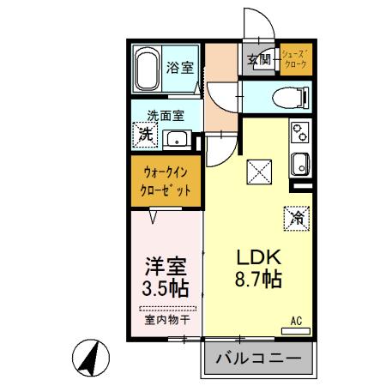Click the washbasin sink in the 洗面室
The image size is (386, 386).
(179, 139)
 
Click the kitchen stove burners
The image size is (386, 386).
(301, 133)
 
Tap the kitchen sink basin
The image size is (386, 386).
(300, 162)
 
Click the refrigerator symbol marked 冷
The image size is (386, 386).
(293, 218)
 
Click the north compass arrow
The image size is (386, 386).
(89, 355)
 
